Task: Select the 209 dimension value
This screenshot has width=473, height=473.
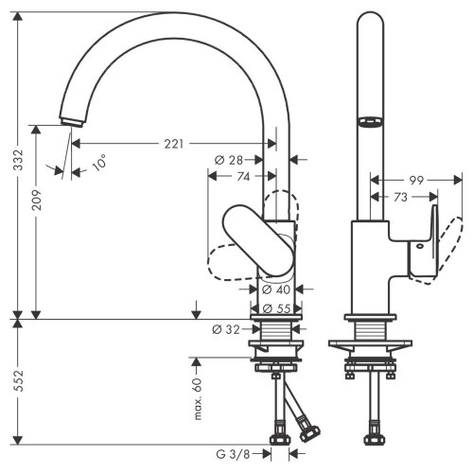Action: pyautogui.click(x=37, y=219)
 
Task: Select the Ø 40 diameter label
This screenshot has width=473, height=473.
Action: pyautogui.click(x=274, y=289)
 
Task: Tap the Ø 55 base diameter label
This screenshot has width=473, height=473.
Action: pyautogui.click(x=274, y=308)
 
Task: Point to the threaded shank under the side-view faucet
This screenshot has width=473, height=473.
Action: pyautogui.click(x=368, y=330)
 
